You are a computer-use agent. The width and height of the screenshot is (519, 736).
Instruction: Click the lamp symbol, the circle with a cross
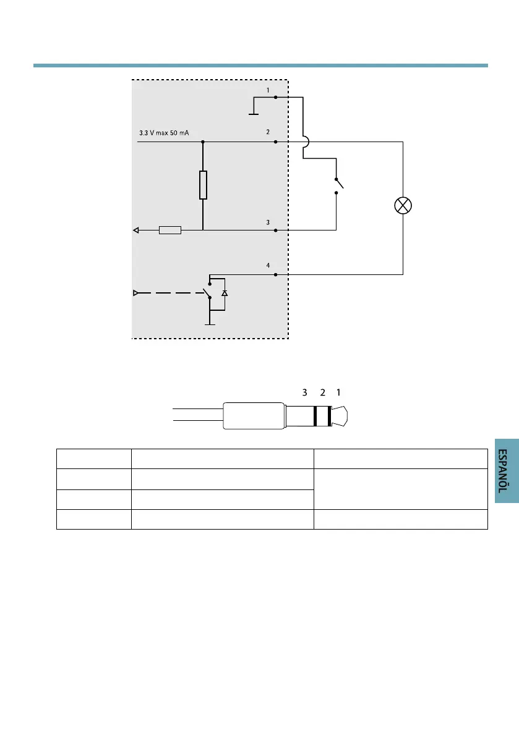403,206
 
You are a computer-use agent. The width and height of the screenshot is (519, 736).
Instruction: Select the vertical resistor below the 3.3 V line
203,185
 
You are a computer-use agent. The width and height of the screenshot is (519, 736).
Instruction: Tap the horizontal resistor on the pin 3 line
170,231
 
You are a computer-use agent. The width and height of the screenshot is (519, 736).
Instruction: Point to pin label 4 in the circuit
268,266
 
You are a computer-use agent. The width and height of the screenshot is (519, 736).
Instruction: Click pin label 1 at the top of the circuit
268,90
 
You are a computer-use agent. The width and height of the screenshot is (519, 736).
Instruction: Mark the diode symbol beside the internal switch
225,292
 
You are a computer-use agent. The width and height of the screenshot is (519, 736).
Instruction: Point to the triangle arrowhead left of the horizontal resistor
136,231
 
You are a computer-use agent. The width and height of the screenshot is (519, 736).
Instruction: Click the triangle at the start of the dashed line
136,292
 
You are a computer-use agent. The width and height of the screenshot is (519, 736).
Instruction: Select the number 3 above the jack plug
304,392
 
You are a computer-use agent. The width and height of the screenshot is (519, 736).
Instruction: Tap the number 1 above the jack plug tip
338,392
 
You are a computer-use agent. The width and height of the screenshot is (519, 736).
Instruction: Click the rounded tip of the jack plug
344,416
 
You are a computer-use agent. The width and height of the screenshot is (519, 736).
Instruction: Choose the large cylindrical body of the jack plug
254,416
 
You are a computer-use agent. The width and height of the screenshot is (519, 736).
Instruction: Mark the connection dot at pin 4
275,274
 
